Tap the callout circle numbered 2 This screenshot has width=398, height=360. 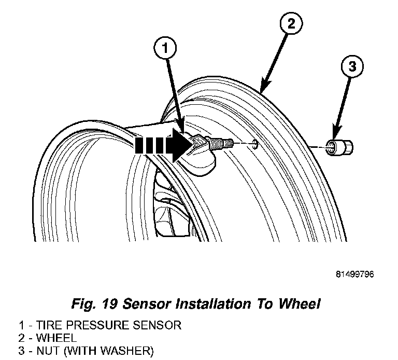(x=291, y=24)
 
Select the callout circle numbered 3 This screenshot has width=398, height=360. (x=352, y=67)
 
